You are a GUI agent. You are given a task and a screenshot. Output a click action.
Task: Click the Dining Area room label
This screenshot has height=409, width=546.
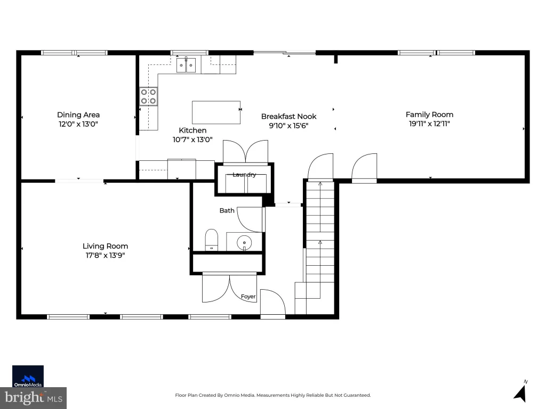coord(78,115)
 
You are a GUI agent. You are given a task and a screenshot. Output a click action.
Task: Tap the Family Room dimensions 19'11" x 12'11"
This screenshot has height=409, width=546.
coord(429,124)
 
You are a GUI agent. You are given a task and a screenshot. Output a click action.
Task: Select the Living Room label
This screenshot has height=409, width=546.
coord(105,246)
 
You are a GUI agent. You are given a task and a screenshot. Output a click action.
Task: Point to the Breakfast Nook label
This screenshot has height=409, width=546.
coord(288,116)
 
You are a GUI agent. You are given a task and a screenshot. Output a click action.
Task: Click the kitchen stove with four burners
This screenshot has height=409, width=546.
coord(148,96)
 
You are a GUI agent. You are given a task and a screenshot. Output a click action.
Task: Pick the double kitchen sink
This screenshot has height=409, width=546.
coord(186,65)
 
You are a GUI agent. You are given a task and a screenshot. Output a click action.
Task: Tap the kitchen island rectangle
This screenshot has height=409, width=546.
coord(216,112)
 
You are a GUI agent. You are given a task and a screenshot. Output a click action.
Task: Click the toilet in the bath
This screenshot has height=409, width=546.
coord(211,240)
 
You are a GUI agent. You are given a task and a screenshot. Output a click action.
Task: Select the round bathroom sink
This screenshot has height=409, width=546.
coord(244,242)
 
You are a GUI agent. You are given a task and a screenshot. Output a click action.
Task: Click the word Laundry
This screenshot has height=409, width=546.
coord(244,175)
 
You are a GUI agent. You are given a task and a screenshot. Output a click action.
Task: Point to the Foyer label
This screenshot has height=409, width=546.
coord(248,296)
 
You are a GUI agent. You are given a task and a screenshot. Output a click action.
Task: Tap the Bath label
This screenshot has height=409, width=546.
coord(227,210)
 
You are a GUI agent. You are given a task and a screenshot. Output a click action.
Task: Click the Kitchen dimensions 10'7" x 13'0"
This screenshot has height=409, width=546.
coord(192,140)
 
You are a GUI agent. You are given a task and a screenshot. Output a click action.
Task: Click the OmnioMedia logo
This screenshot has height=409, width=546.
coord(28,377)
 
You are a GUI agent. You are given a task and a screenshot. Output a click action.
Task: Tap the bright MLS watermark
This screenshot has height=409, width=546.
coord(33,398)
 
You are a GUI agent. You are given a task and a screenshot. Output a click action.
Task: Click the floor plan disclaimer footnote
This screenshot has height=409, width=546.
coord(272,395)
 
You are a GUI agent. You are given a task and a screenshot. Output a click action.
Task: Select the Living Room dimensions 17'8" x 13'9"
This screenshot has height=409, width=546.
coord(105,255)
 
